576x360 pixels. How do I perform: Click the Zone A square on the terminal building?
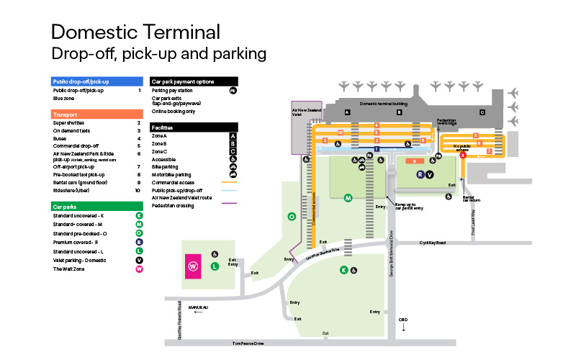pyautogui.click(x=346, y=112)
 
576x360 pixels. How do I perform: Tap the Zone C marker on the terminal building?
pyautogui.click(x=482, y=112)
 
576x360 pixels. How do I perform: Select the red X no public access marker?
pyautogui.click(x=463, y=155)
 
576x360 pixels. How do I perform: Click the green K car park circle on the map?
pyautogui.click(x=343, y=270)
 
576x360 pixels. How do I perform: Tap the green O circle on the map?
pyautogui.click(x=292, y=216)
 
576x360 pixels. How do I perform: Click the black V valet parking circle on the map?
pyautogui.click(x=430, y=174)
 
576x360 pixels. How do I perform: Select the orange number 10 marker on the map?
pyautogui.click(x=340, y=132)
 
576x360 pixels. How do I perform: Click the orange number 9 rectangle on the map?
pyautogui.click(x=415, y=161)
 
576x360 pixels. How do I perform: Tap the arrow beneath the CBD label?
pyautogui.click(x=403, y=328)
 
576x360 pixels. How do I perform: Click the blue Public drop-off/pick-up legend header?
pyautogui.click(x=97, y=81)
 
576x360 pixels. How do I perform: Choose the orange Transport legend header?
pyautogui.click(x=97, y=114)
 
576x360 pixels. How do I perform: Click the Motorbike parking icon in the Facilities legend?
pyautogui.click(x=233, y=174)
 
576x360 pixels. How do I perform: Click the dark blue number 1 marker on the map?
pyautogui.click(x=376, y=148)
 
